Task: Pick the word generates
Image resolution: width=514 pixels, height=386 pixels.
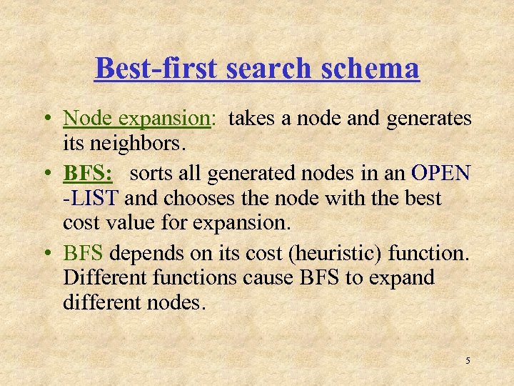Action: tap(428, 119)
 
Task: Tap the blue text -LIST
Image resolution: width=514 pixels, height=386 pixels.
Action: tap(85, 197)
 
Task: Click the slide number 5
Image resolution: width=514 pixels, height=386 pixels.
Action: tap(468, 360)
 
